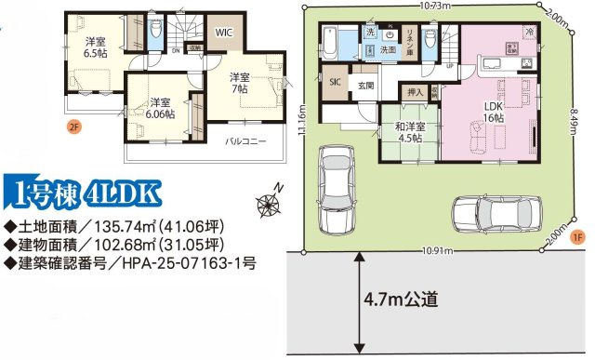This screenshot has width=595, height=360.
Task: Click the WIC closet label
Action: point(223,31)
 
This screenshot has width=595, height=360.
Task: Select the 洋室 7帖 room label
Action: point(240,83)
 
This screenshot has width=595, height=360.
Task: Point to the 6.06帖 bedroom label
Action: point(159,108)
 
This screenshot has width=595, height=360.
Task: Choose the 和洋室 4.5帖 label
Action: point(407,131)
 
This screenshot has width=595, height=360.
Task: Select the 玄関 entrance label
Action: point(365,85)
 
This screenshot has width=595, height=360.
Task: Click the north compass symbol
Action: point(272,197)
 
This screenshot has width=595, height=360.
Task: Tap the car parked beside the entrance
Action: point(333,192)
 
